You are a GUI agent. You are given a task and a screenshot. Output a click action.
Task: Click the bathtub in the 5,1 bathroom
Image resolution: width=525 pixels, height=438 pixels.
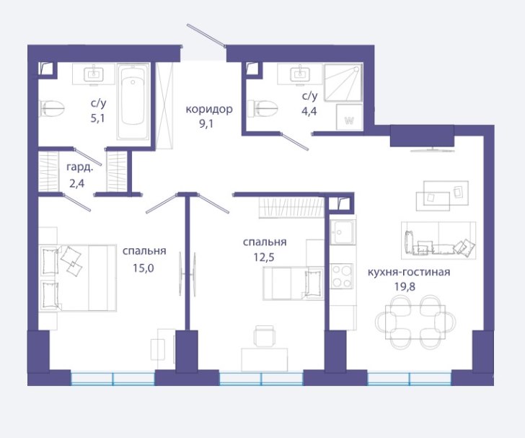[133, 102]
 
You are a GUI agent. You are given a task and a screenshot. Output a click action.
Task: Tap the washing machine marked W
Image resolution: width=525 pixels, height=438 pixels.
[349, 117]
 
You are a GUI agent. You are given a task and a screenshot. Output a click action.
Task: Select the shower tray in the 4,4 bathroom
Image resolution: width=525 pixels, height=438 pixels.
[343, 82]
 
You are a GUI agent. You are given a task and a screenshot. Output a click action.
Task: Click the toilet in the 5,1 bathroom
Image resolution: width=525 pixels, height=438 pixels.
[52, 108]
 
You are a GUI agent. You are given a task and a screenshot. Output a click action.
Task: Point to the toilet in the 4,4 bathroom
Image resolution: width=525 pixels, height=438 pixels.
[262, 108]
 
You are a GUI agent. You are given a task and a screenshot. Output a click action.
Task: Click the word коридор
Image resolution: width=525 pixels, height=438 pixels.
[209, 109]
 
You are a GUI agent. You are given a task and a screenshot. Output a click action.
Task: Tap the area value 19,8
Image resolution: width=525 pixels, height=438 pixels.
[405, 287]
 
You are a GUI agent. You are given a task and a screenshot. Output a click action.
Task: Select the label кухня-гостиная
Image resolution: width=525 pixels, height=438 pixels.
[409, 272]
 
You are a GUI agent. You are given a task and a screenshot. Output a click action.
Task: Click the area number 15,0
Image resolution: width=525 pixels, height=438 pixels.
[144, 268]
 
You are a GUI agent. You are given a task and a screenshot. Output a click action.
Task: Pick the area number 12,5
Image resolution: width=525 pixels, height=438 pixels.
[264, 258]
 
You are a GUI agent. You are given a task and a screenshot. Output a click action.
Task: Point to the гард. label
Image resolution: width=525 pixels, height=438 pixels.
[79, 167]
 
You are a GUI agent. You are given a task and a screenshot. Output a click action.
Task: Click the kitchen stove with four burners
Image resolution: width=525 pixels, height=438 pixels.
[342, 276]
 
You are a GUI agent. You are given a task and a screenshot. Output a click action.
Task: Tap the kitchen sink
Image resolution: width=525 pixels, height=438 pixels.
[342, 232]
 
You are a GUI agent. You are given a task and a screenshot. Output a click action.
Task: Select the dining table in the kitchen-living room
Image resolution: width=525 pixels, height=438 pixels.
[415, 322]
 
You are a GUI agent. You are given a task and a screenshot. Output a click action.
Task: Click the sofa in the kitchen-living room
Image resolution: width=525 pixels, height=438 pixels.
[438, 240]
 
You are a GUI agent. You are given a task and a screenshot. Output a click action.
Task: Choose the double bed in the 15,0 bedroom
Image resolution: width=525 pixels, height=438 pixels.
[79, 278]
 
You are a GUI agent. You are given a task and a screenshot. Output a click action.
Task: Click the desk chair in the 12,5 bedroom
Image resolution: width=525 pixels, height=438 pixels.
[265, 336]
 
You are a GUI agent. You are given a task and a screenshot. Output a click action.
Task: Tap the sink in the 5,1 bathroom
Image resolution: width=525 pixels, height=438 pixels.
[94, 74]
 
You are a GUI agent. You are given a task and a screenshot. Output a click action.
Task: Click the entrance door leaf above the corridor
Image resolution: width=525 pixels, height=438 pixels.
[206, 35]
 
